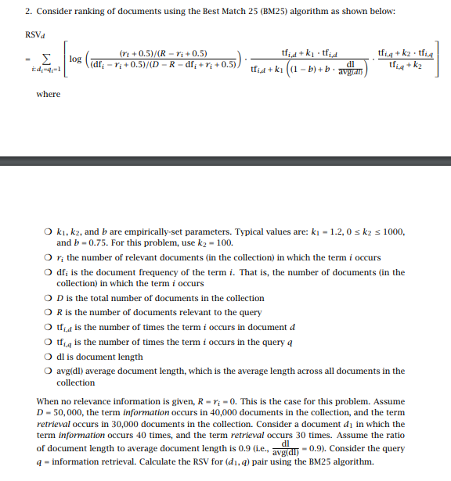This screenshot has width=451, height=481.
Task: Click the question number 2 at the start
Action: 27,12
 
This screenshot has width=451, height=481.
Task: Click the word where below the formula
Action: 48,94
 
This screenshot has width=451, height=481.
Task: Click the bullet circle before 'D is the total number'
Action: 49,298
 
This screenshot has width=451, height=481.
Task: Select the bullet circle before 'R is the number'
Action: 49,313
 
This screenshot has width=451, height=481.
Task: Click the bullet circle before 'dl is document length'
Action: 49,357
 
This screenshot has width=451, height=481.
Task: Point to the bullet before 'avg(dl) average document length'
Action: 49,372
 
